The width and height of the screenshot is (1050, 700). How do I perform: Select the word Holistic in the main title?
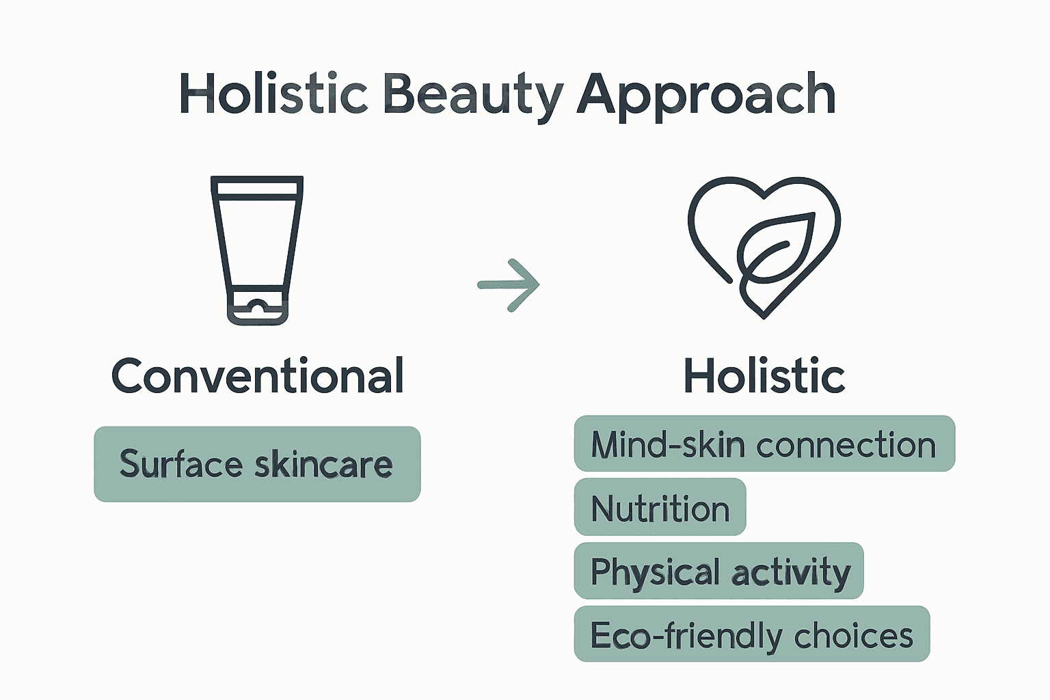click(273, 93)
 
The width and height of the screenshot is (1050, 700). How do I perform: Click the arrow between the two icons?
click(509, 284)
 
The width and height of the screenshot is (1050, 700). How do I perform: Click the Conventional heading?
click(257, 376)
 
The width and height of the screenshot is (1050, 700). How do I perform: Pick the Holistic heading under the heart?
click(764, 376)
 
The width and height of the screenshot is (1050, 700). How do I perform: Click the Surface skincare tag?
click(257, 464)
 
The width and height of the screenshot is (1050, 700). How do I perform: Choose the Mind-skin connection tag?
click(764, 444)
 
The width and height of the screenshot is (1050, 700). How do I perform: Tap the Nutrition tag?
click(660, 507)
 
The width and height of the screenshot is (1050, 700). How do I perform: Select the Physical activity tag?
click(719, 571)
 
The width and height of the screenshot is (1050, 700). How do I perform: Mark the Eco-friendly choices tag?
click(752, 634)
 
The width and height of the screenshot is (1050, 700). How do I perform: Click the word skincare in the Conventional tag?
click(323, 463)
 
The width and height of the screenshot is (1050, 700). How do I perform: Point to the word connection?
click(846, 445)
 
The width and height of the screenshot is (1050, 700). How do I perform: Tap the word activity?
click(791, 574)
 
